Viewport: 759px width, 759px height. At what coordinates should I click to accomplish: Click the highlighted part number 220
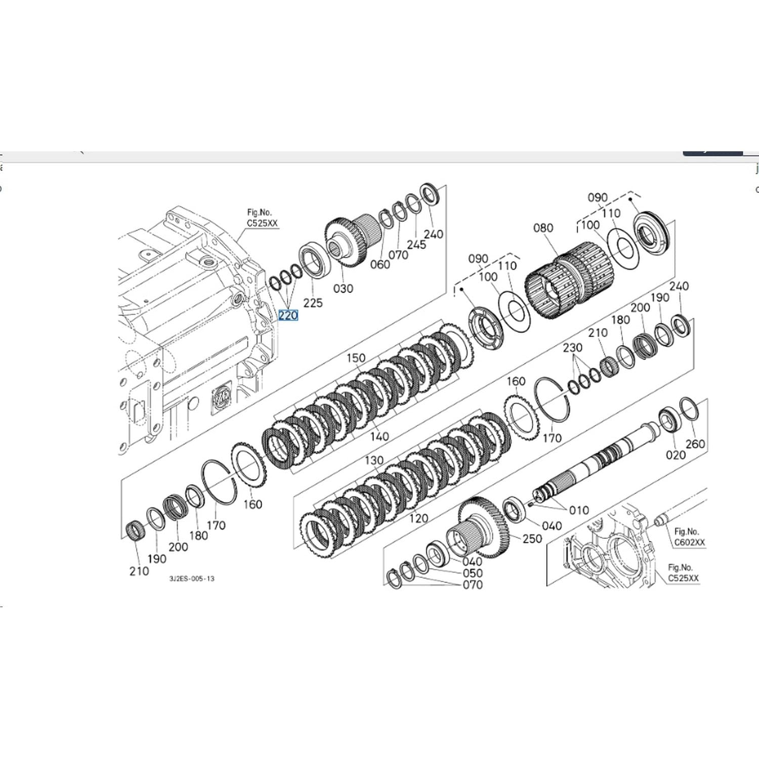[288, 315]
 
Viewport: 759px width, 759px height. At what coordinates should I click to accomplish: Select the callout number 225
[313, 303]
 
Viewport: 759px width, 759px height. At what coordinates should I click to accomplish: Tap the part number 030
[343, 288]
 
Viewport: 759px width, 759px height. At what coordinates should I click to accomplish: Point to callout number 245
[416, 244]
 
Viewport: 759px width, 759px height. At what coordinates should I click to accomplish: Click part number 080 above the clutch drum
[543, 228]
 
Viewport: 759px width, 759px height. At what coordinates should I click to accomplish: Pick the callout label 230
[572, 348]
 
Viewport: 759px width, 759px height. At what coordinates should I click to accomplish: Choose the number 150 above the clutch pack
[356, 358]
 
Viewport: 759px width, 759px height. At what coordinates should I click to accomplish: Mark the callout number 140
[379, 436]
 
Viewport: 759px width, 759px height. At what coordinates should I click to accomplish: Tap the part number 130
[374, 460]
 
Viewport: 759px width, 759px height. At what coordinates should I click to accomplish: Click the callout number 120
[418, 518]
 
